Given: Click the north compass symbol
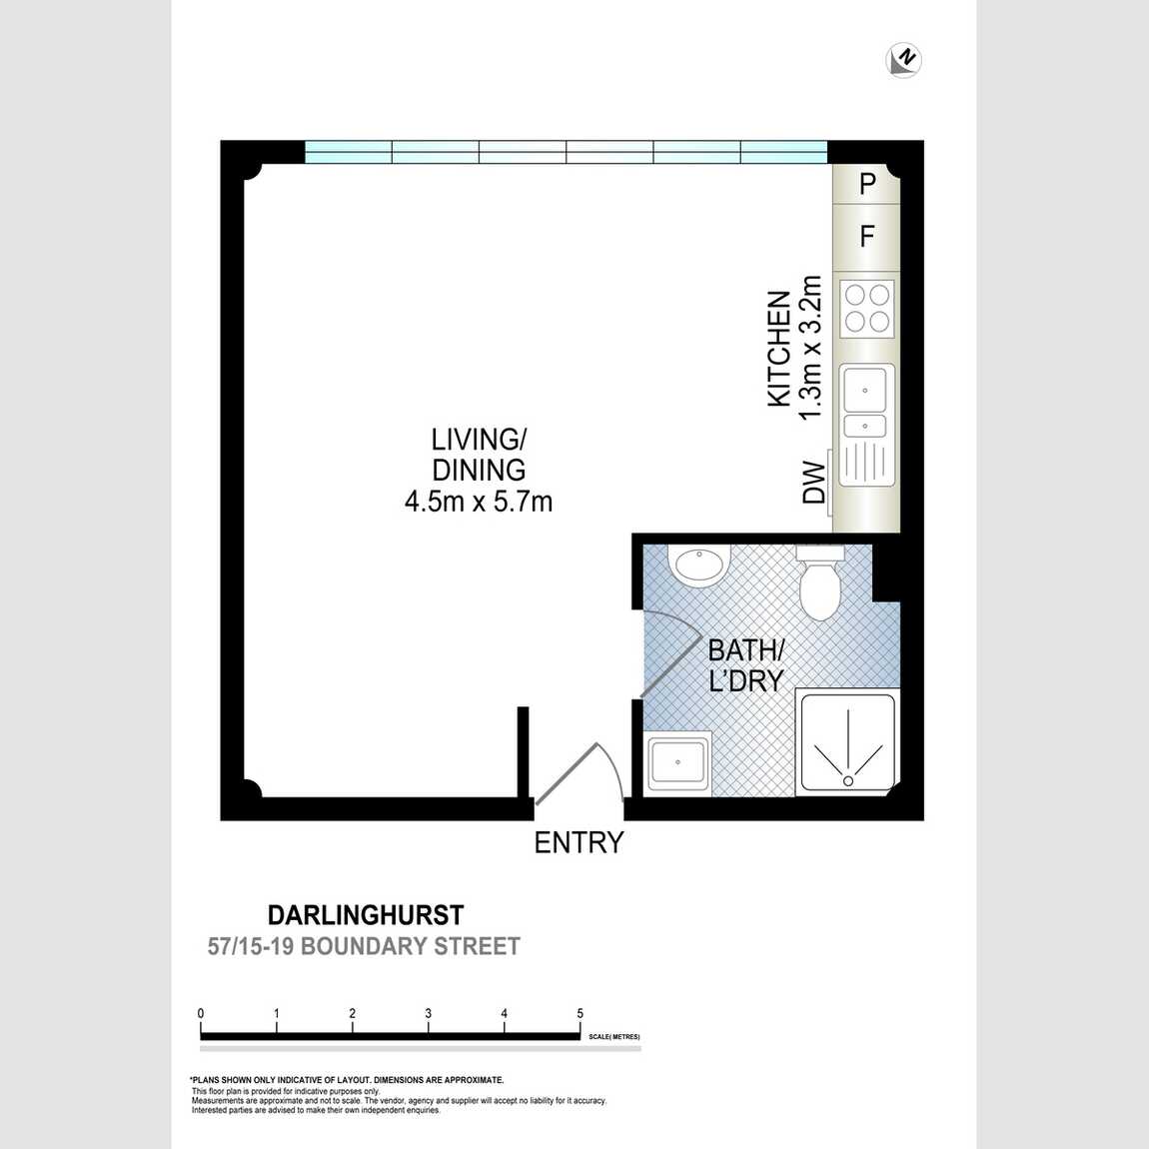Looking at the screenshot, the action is (903, 60).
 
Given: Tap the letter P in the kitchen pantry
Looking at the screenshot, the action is (867, 184).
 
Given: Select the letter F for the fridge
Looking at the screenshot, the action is (867, 237).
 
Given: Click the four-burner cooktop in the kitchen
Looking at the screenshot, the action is (867, 308).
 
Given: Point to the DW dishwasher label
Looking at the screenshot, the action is (814, 482).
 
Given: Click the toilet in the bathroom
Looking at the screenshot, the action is (820, 582).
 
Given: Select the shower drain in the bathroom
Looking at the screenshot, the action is (848, 780).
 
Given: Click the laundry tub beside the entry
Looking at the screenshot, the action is (677, 761).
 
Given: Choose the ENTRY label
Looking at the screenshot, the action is (578, 842).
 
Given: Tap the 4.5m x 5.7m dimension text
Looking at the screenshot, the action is (479, 502).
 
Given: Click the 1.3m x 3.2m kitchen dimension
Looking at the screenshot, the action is (809, 348).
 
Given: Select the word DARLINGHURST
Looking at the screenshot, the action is (366, 915).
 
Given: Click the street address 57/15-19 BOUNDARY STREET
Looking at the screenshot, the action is (364, 946).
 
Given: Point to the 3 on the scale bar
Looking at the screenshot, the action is (428, 1013).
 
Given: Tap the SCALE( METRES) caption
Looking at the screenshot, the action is (614, 1037).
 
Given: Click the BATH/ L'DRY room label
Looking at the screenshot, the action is (746, 666).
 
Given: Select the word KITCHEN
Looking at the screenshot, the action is (778, 349).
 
